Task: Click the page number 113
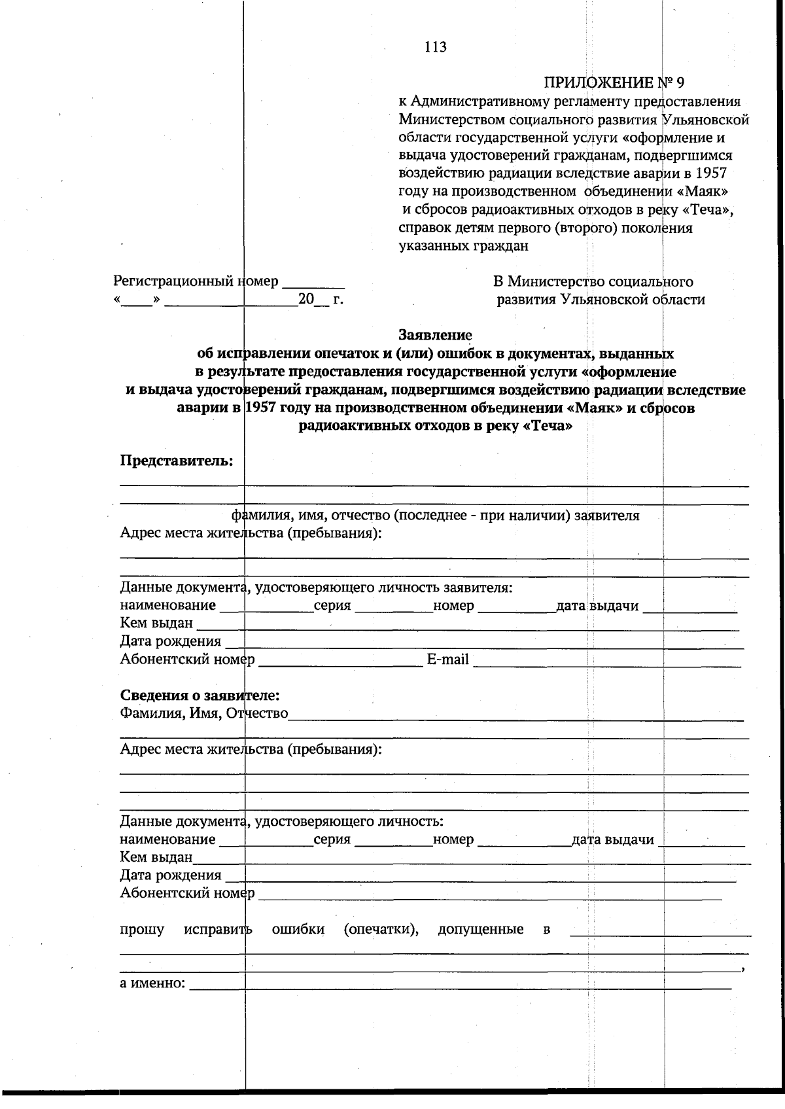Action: (435, 47)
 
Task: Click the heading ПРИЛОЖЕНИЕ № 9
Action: (613, 83)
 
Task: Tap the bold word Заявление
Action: (435, 335)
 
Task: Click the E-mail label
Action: (447, 660)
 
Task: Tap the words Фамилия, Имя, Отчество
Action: (203, 713)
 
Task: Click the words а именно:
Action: (152, 983)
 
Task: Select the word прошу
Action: (142, 930)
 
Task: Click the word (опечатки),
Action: (381, 930)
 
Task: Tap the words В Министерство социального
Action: (593, 282)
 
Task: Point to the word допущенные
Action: (480, 930)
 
